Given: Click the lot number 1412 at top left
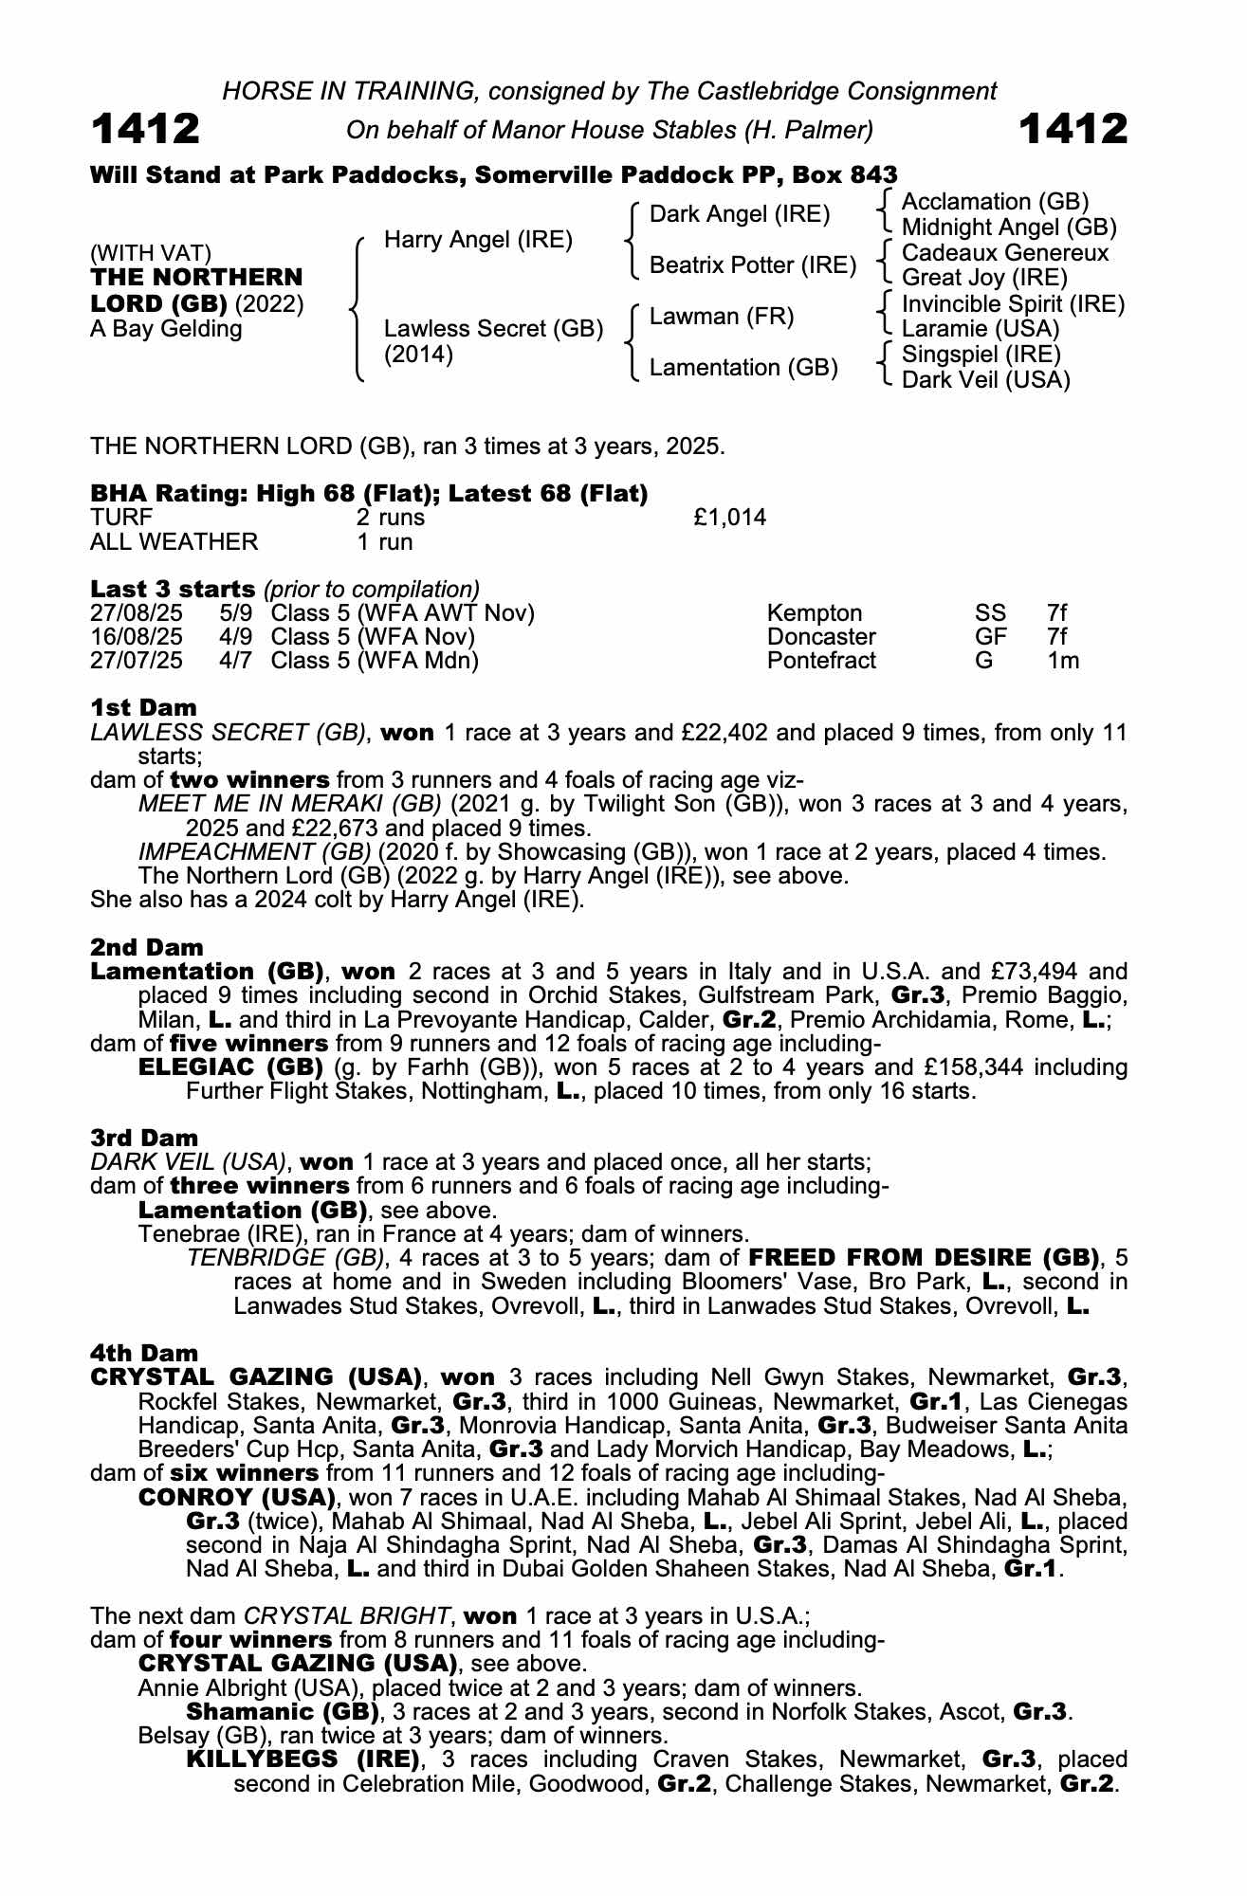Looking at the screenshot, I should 145,129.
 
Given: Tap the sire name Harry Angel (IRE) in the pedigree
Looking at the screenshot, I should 478,240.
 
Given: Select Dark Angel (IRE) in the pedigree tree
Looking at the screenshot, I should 740,214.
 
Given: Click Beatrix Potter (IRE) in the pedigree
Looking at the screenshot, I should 753,265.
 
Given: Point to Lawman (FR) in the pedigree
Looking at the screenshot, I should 722,317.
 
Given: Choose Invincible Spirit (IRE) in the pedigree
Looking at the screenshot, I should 1013,304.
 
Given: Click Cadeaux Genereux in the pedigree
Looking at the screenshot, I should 1004,253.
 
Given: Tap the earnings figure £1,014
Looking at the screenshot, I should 730,518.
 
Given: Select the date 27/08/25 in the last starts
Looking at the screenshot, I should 137,613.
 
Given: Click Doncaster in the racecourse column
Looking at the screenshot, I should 821,637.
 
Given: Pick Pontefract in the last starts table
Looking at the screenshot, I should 821,661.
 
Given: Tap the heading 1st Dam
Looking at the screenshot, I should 144,708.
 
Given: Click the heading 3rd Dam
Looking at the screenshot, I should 144,1138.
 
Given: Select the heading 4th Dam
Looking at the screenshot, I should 144,1353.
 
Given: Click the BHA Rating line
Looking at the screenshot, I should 369,494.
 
